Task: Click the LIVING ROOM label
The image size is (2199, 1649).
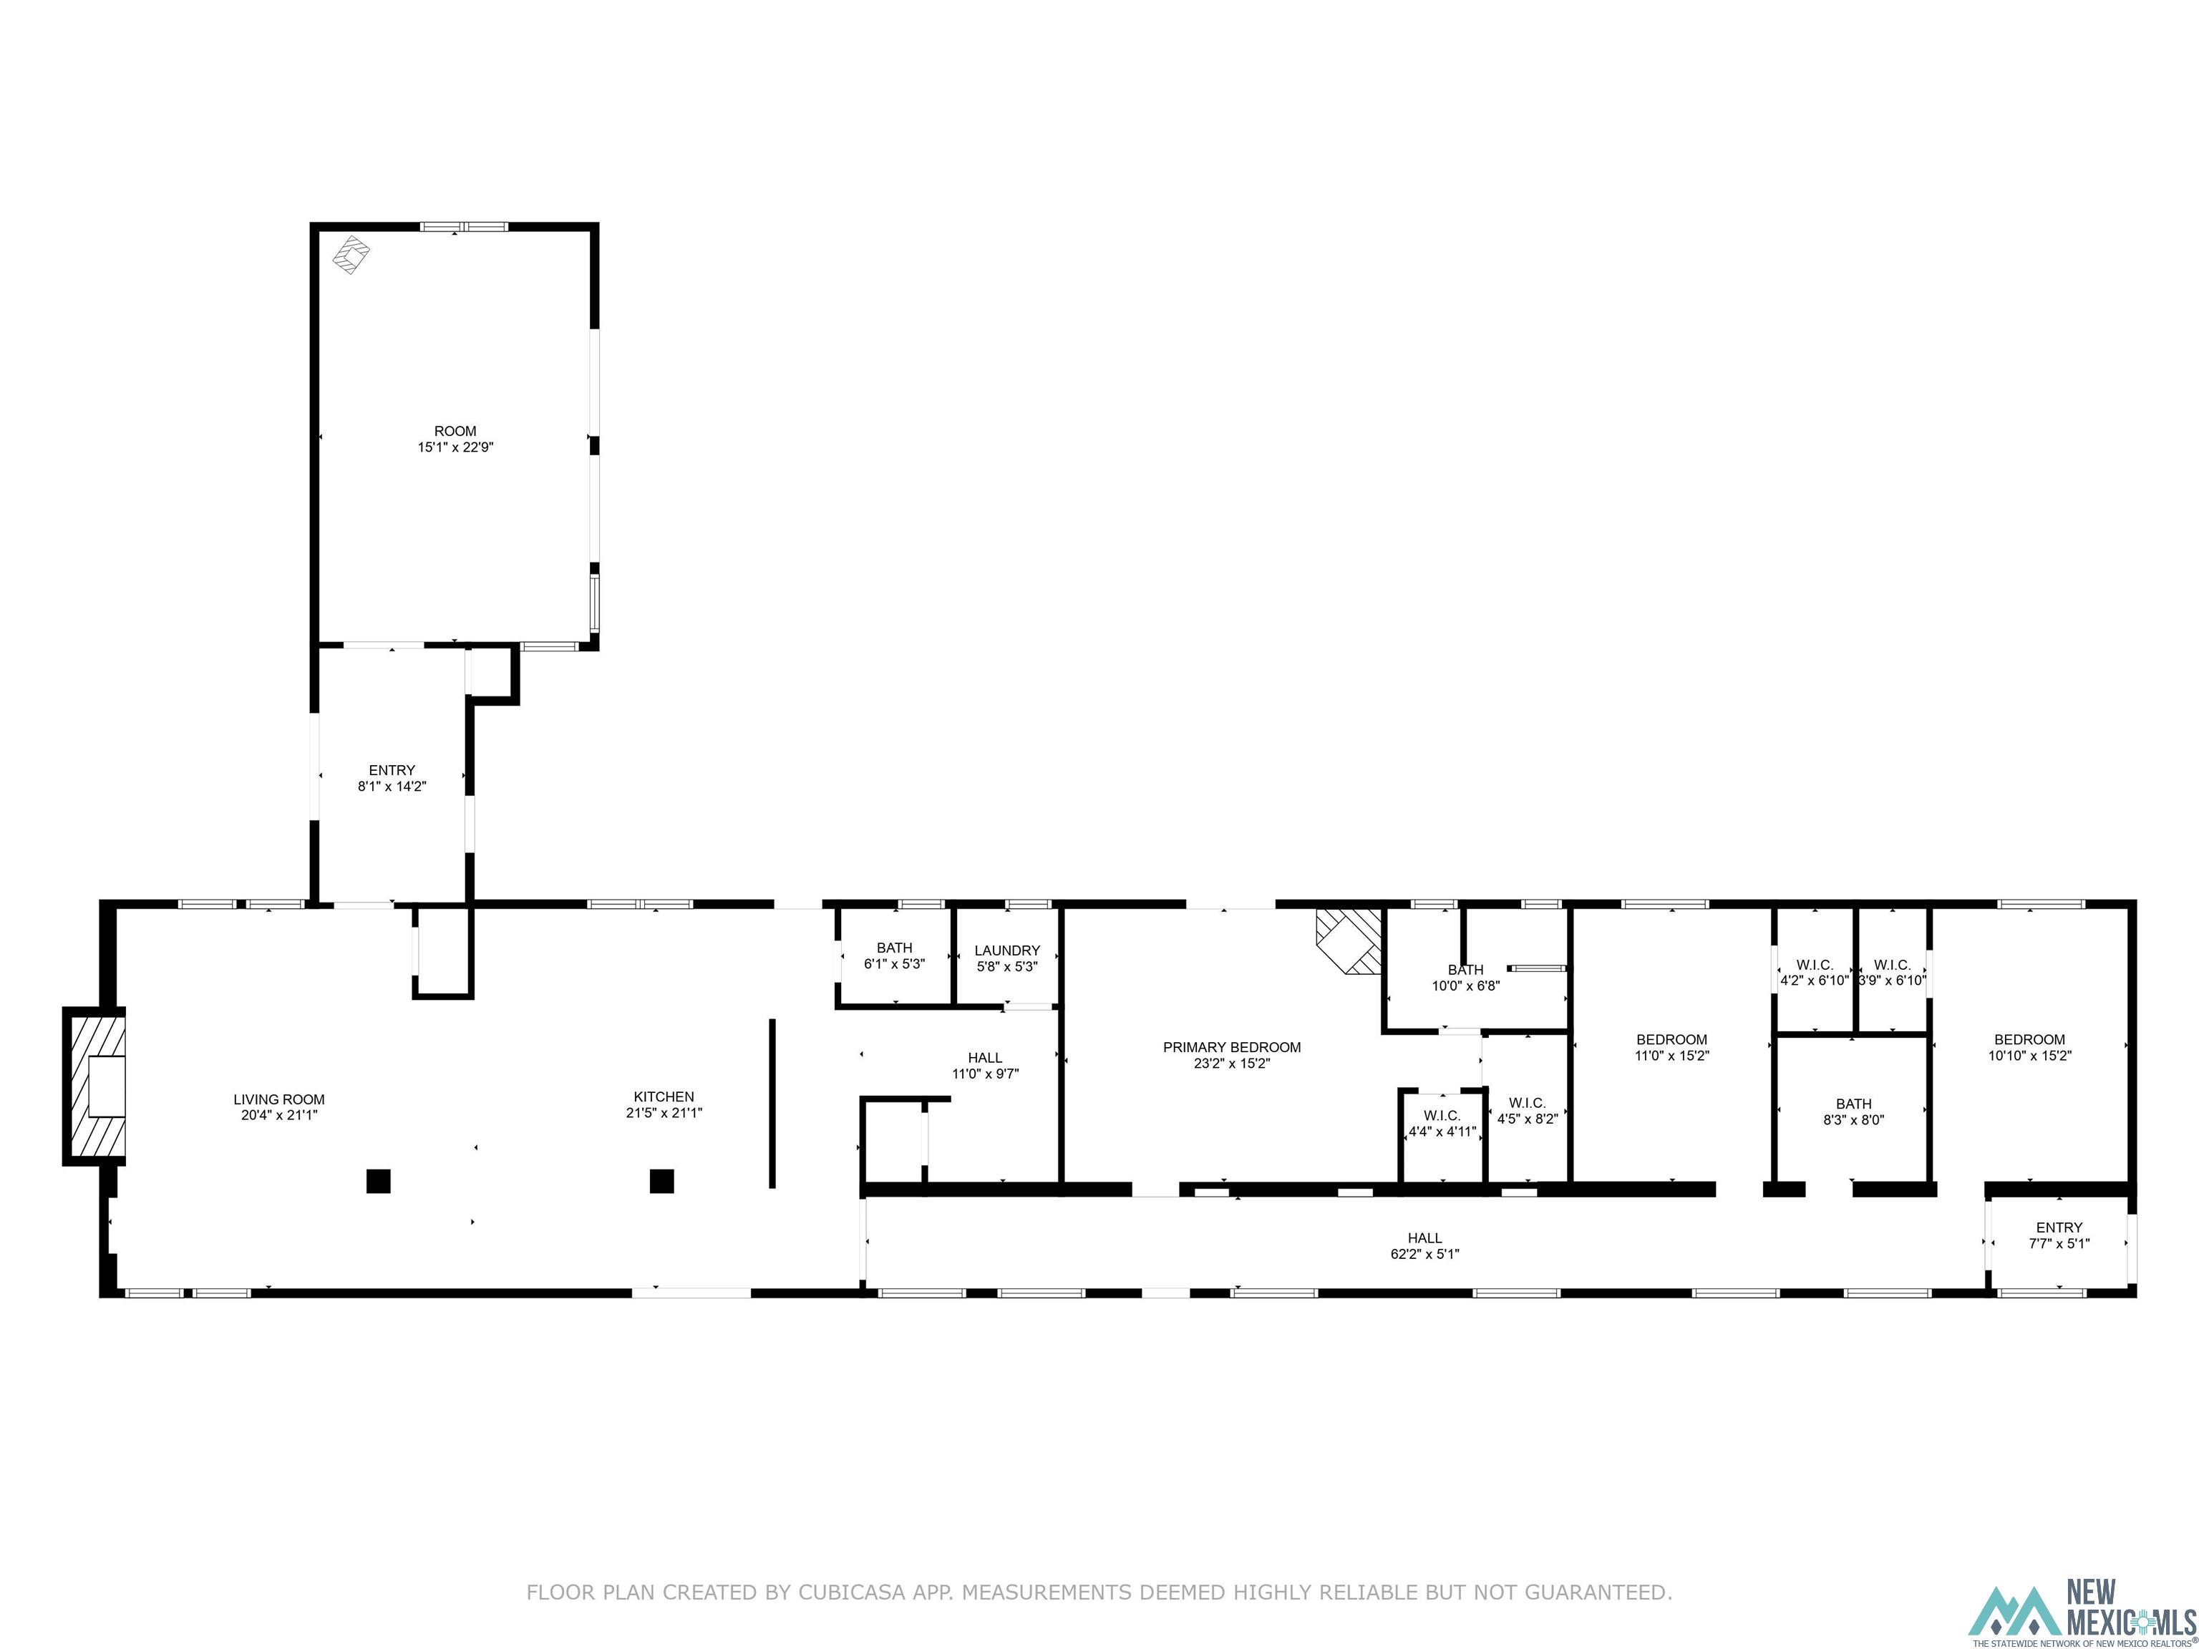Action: click(x=279, y=1099)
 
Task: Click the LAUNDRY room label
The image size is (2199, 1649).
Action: click(x=1007, y=950)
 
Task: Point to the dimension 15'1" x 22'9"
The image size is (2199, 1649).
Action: click(x=455, y=447)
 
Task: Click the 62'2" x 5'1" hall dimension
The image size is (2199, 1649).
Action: click(x=1424, y=1255)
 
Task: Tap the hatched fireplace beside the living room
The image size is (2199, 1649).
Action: click(x=95, y=1086)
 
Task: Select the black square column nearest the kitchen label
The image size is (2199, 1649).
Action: click(x=662, y=1181)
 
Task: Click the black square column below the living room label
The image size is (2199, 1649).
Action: click(x=378, y=1181)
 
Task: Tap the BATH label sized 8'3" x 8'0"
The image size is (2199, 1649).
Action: click(x=1853, y=1104)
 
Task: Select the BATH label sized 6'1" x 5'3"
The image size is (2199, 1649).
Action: click(x=894, y=948)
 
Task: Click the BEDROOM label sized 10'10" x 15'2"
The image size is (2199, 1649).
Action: click(x=2029, y=1040)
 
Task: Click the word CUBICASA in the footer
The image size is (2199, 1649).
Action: click(x=851, y=1592)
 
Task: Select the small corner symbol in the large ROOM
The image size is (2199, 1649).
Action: click(x=350, y=255)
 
